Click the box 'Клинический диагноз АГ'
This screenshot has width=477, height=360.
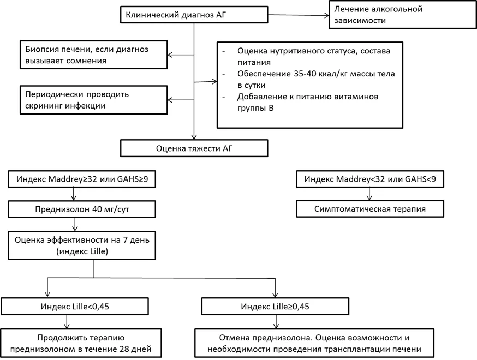point(194,15)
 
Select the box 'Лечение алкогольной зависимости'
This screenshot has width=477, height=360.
point(403,15)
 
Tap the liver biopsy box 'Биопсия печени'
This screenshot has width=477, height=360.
point(94,55)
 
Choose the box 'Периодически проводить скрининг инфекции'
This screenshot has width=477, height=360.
point(94,100)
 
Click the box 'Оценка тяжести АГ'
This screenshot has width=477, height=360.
point(194,148)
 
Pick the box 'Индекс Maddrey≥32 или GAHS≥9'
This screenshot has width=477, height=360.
point(82,179)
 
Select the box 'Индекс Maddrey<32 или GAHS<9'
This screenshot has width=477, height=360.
point(370,179)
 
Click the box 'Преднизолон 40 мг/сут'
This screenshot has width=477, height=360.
point(82,209)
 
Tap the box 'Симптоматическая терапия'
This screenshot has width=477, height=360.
point(370,209)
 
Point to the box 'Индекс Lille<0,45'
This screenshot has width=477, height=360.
point(75,306)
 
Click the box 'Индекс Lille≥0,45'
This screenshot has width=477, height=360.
point(275,306)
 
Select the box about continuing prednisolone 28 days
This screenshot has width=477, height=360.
point(81,343)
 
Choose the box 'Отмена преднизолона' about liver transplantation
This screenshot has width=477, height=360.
point(314,343)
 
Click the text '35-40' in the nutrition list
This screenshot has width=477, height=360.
point(305,74)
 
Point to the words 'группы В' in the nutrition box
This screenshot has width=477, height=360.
point(255,108)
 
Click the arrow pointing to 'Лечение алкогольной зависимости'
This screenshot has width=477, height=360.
point(299,15)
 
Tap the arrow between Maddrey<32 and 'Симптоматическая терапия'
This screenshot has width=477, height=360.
point(369,194)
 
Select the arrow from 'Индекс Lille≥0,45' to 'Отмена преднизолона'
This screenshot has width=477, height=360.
point(276,322)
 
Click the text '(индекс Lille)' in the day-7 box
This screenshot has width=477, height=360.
point(82,251)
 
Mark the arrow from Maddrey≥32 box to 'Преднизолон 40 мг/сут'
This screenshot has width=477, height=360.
point(74,194)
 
